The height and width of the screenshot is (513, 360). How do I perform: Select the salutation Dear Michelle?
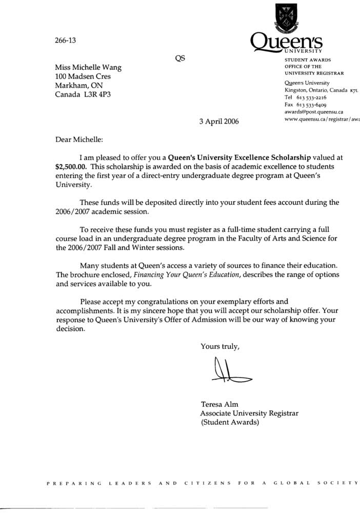click(79, 139)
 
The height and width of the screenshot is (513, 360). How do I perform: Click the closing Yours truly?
click(220, 347)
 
